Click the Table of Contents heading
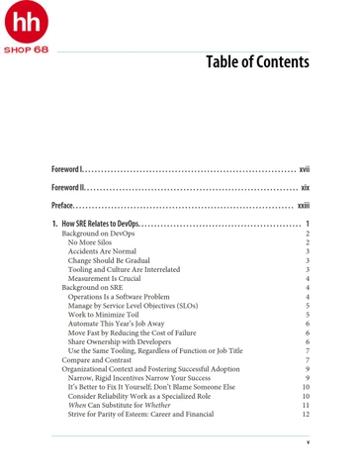[256, 62]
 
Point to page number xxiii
[304, 205]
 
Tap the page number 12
[306, 415]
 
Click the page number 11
[306, 406]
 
